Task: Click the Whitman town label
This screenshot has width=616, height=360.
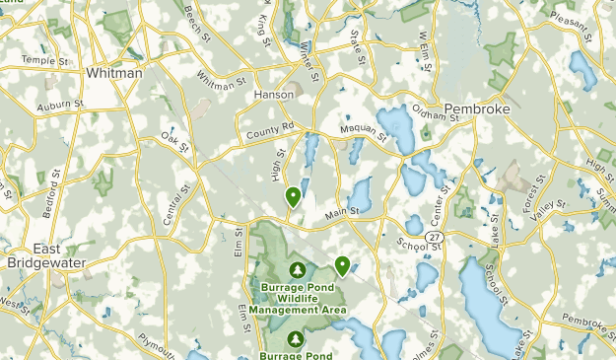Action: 114,73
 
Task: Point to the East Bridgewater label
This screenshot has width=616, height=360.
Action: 46,255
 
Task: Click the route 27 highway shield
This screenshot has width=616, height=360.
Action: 435,238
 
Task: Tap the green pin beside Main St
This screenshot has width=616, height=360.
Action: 293,197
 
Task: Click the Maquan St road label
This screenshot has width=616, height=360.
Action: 361,126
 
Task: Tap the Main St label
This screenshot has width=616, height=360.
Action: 342,211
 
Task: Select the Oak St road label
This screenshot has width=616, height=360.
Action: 174,142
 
